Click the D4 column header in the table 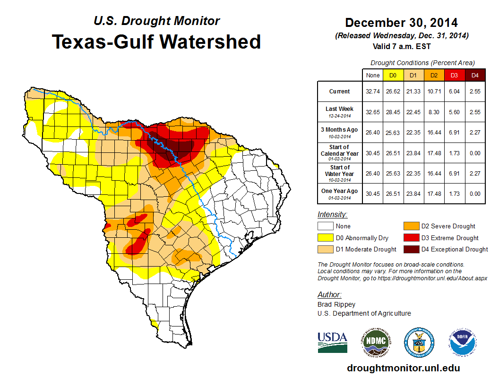point(475,75)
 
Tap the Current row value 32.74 point(372,92)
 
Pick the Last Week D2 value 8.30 point(434,111)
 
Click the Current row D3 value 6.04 point(454,92)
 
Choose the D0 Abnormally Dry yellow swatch point(326,238)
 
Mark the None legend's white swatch point(326,226)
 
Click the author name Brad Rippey point(336,304)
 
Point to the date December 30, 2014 point(401,23)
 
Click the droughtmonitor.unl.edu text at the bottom point(403,368)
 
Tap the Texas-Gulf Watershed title point(156,42)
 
